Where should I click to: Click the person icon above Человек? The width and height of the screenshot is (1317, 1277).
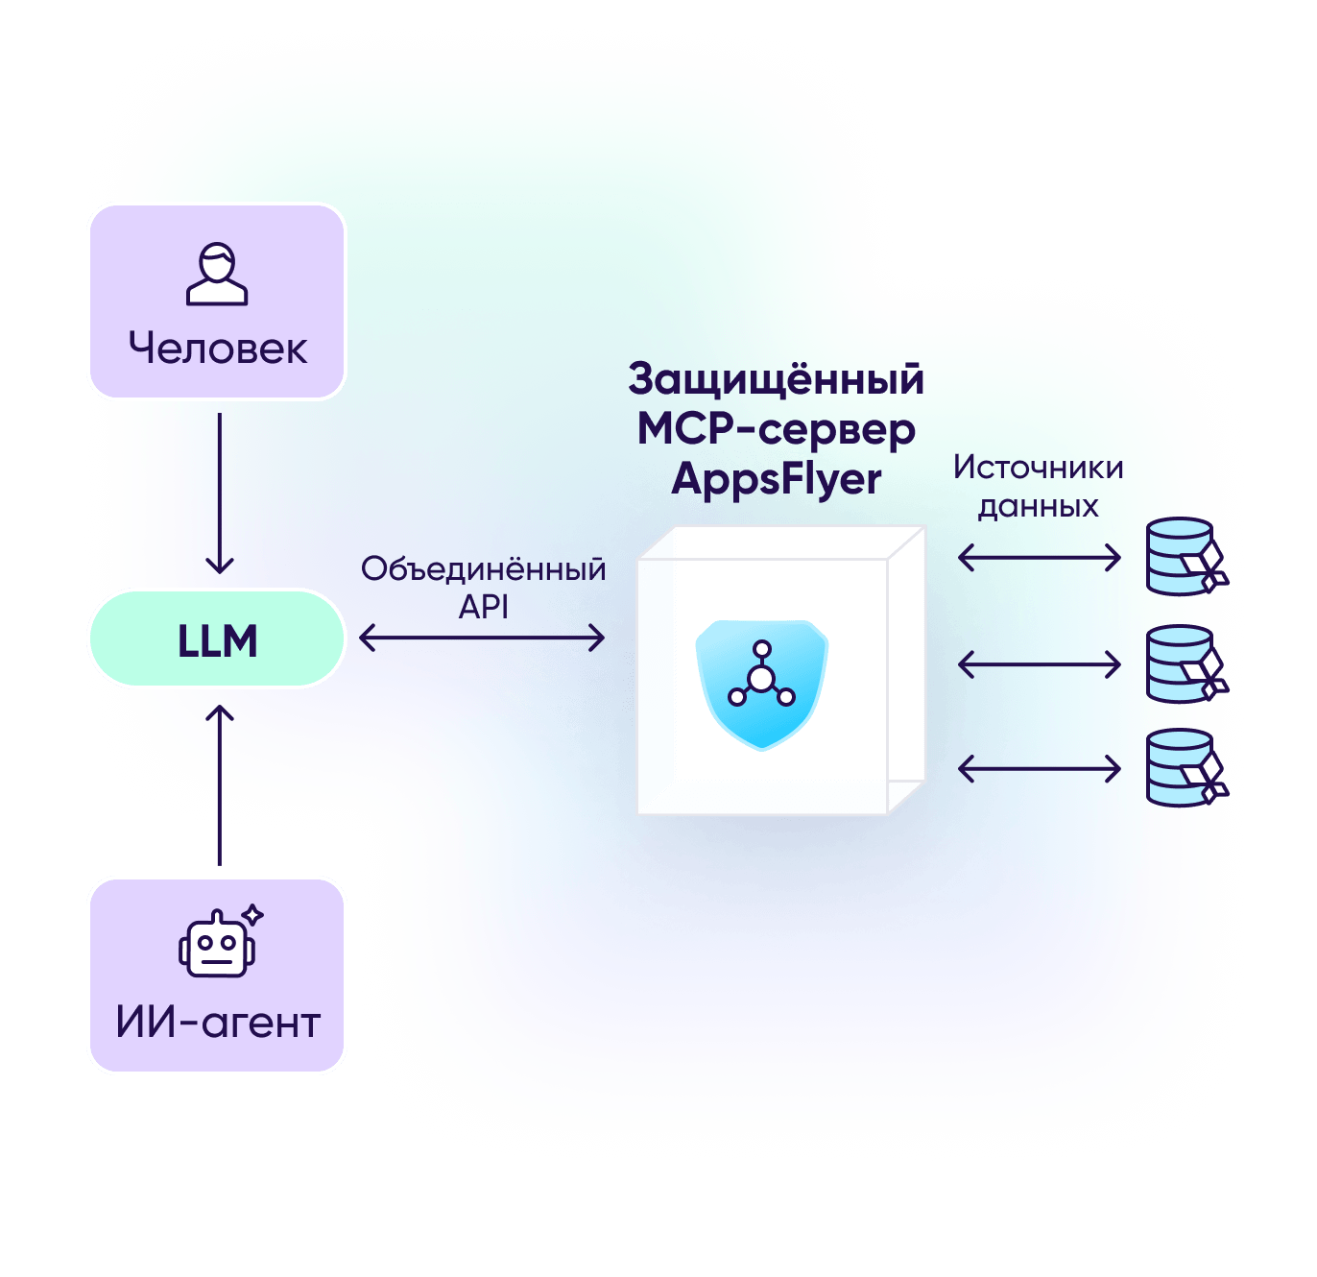[x=217, y=274]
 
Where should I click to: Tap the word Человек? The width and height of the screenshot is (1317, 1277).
[x=218, y=349]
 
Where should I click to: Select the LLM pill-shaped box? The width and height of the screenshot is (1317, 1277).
[x=217, y=639]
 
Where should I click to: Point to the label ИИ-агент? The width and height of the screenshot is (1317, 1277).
[x=218, y=1023]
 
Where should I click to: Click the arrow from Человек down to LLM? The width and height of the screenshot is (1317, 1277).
[x=220, y=494]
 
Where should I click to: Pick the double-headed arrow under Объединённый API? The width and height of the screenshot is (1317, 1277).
[x=482, y=638]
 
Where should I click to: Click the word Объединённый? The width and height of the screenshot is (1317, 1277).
[x=483, y=569]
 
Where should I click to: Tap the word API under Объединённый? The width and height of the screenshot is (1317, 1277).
[x=483, y=607]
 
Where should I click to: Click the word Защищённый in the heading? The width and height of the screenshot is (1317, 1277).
[x=776, y=379]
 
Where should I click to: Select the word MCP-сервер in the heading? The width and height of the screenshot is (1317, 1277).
[x=776, y=429]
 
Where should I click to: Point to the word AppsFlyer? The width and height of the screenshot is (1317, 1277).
[x=776, y=479]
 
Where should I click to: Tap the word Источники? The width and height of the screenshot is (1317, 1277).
[x=1038, y=468]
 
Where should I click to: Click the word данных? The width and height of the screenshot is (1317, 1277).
[x=1038, y=506]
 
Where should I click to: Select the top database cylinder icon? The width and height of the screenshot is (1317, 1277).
[x=1184, y=557]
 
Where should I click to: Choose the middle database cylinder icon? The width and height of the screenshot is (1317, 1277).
[x=1184, y=664]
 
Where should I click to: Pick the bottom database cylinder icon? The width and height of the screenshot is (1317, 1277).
[x=1184, y=768]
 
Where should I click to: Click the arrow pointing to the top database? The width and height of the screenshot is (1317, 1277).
[x=1040, y=557]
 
